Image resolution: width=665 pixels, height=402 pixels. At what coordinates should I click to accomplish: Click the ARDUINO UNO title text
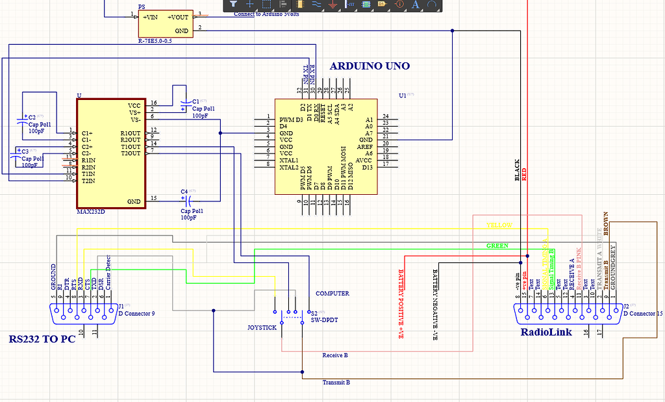(370, 66)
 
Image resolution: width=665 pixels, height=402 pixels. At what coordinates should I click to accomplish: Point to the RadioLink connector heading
(546, 333)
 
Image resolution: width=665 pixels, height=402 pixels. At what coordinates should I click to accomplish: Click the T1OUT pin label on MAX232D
(130, 146)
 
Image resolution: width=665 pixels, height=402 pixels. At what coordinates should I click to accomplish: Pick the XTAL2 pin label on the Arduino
(289, 168)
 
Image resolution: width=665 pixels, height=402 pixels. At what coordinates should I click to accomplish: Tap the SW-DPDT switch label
(325, 320)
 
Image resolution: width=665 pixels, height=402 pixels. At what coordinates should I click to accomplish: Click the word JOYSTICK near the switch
(262, 328)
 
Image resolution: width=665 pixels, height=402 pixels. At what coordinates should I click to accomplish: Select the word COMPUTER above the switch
(332, 294)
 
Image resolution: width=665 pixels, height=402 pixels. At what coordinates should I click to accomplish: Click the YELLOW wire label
(499, 225)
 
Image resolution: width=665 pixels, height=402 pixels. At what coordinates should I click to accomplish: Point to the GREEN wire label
(497, 246)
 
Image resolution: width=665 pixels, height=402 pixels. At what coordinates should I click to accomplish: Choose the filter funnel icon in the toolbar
(233, 5)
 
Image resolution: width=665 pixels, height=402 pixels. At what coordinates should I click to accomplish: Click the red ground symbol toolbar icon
(332, 5)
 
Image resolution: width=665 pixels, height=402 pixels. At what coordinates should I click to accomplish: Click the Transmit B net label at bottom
(336, 383)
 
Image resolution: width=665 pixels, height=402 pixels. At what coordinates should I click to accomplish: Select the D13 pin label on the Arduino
(367, 168)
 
